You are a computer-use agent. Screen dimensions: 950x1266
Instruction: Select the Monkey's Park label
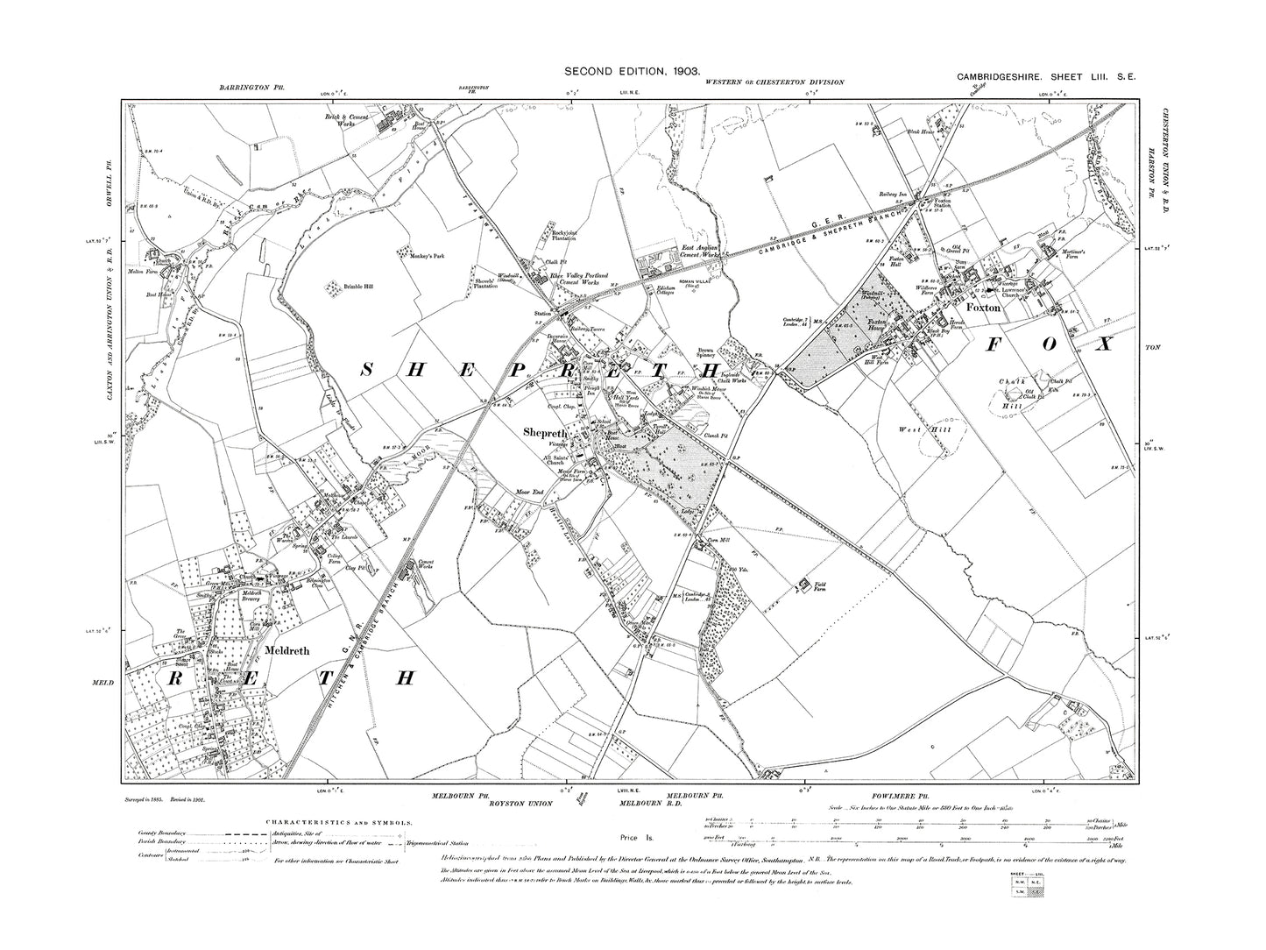pos(415,254)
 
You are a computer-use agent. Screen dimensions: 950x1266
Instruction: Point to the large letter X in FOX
pos(1106,344)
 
